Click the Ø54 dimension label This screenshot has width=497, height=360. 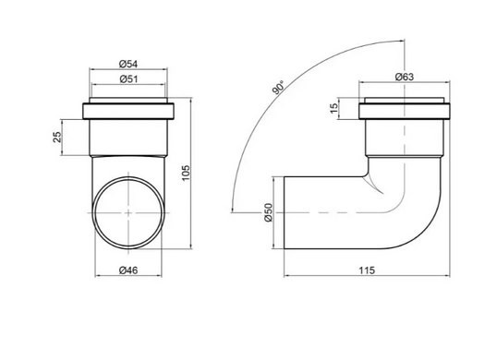click(x=128, y=65)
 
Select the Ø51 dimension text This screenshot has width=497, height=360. click(x=129, y=78)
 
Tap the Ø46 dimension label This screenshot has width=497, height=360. click(x=128, y=270)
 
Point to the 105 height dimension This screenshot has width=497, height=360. click(x=186, y=173)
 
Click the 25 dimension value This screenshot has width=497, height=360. click(x=57, y=138)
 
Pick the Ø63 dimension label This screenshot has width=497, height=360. click(x=405, y=77)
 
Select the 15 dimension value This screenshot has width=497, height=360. click(x=334, y=109)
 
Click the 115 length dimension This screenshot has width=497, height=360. click(x=367, y=270)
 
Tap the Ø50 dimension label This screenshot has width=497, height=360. click(x=268, y=212)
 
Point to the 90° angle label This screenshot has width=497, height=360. click(x=278, y=88)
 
